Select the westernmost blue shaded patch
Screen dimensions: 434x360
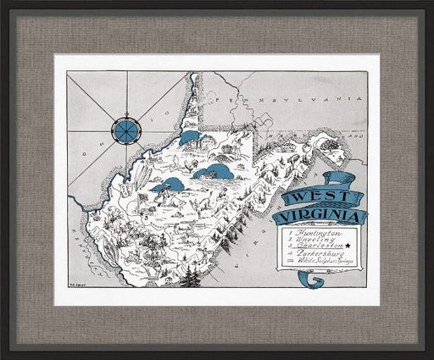pos(167,184)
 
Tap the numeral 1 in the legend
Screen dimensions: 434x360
pos(290,232)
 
